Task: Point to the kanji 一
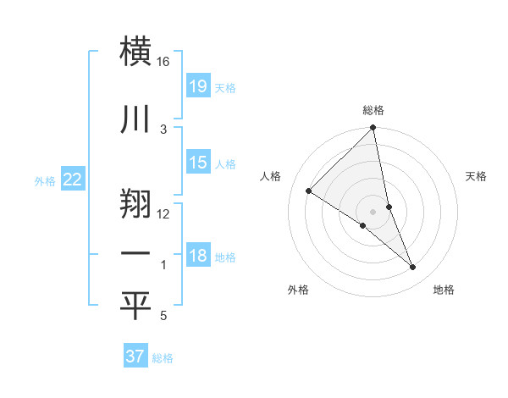pos(136,253)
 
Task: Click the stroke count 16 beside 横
pos(163,63)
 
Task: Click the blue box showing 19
pos(198,86)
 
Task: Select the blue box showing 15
pos(198,163)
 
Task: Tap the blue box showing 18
pos(198,256)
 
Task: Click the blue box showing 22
pos(73,180)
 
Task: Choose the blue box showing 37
pos(135,357)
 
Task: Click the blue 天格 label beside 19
pos(225,87)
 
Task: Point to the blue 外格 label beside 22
pos(45,180)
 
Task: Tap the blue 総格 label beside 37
pos(163,357)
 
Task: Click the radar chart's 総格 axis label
pos(373,110)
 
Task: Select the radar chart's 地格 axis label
pos(444,290)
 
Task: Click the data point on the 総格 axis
pos(373,128)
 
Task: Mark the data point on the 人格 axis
pos(309,191)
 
